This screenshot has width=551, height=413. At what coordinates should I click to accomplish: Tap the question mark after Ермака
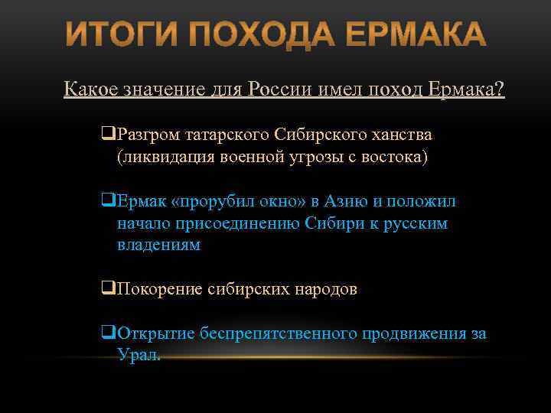point(500,89)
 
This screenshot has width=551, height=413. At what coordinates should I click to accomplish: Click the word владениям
point(158,245)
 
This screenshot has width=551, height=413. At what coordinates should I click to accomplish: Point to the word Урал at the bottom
point(138,356)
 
